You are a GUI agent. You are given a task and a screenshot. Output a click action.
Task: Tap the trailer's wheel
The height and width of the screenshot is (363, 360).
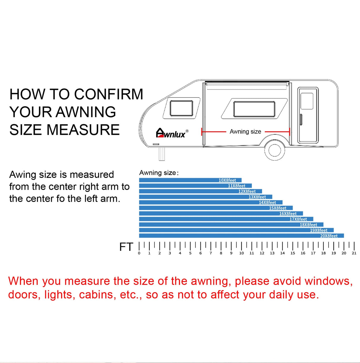pyautogui.click(x=274, y=150)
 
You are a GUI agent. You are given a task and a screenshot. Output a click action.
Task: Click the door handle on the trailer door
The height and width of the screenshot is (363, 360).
pyautogui.click(x=301, y=120)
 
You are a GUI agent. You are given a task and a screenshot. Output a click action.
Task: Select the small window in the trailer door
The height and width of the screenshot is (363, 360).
pyautogui.click(x=307, y=101)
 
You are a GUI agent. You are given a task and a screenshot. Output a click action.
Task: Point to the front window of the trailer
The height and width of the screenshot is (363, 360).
pyautogui.click(x=181, y=108)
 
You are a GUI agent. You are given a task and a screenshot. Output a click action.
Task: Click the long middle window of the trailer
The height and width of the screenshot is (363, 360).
pyautogui.click(x=254, y=109)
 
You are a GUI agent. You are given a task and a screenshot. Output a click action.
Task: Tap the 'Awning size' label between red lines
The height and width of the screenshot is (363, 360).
pyautogui.click(x=245, y=131)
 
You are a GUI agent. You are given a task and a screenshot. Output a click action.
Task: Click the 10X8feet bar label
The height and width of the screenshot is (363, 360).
pyautogui.click(x=227, y=180)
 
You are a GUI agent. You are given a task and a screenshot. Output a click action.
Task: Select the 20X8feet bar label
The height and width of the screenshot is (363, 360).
pyautogui.click(x=329, y=236)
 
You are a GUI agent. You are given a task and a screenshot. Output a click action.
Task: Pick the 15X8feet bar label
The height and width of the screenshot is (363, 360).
pyautogui.click(x=278, y=208)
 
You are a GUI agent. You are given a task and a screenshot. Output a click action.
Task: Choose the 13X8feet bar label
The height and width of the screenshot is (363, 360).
pyautogui.click(x=257, y=197)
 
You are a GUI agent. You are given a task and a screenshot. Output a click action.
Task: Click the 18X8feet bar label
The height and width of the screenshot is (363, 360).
pyautogui.click(x=309, y=225)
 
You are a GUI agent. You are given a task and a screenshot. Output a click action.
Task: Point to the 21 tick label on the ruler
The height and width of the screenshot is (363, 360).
pyautogui.click(x=354, y=253)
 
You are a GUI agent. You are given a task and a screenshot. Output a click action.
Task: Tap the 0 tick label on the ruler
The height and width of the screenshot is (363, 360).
pyautogui.click(x=139, y=253)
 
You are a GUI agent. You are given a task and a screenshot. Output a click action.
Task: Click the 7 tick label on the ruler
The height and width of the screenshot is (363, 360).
pyautogui.click(x=211, y=253)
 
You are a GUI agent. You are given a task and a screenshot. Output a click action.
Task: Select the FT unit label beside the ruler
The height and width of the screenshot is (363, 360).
pyautogui.click(x=126, y=247)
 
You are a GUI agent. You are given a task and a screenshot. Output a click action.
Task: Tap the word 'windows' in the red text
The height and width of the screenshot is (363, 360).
pyautogui.click(x=329, y=281)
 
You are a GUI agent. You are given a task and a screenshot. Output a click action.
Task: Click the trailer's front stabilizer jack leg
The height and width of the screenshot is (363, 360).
pyautogui.click(x=162, y=154)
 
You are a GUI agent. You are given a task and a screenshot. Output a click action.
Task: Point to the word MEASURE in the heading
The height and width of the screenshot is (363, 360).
pyautogui.click(x=83, y=130)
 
